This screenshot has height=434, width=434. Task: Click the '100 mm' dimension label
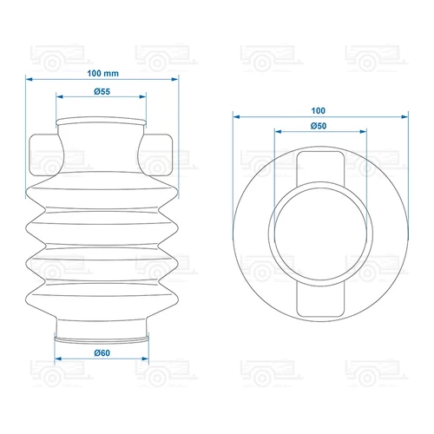click(x=102, y=74)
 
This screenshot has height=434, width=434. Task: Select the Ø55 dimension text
click(x=102, y=92)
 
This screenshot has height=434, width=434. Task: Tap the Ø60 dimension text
click(x=102, y=353)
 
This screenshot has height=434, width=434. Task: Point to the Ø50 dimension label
click(x=319, y=126)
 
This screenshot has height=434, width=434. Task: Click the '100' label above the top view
click(x=319, y=110)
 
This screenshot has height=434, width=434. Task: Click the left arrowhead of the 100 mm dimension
click(x=29, y=79)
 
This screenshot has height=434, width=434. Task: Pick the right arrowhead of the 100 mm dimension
click(x=175, y=79)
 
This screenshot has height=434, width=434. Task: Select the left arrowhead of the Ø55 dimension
click(x=60, y=96)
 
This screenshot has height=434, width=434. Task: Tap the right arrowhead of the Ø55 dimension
click(x=142, y=96)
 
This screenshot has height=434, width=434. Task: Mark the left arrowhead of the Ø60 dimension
click(x=58, y=358)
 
